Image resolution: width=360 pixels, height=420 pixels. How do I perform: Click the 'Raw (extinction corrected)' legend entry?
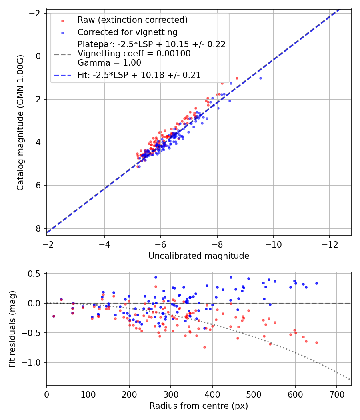132,20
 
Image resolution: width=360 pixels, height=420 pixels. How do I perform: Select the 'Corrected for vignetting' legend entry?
127,32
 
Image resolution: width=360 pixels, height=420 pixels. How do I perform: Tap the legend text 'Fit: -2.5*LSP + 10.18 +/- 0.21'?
139,75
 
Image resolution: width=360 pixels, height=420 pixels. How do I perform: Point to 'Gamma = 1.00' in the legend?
109,62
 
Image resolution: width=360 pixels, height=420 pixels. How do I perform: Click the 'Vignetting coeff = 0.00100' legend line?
134,53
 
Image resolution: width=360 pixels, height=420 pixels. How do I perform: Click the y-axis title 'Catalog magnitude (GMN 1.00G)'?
20,122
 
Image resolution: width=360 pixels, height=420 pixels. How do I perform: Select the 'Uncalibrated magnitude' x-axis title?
199,256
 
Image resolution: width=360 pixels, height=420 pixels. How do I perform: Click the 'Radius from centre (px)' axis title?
199,406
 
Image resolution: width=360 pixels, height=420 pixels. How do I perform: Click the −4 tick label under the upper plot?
104,243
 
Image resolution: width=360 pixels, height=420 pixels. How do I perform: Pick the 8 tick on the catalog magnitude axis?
39,228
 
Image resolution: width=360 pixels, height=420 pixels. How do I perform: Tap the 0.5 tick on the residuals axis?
37,274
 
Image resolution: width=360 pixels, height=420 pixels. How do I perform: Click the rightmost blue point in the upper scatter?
260,78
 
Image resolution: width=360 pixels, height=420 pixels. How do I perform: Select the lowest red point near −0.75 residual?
204,347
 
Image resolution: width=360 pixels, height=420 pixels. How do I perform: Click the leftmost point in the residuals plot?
54,316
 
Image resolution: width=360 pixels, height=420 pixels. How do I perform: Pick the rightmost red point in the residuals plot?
316,342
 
